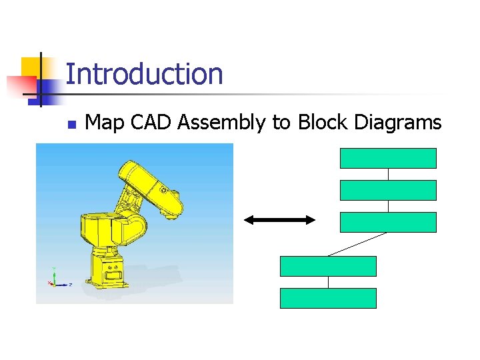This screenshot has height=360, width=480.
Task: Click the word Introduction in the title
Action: (x=144, y=74)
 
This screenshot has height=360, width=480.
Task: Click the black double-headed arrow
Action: (x=279, y=220)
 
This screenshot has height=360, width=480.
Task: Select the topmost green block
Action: (x=388, y=158)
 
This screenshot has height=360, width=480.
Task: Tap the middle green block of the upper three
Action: (x=388, y=190)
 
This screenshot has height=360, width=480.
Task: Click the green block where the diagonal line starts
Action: (x=388, y=222)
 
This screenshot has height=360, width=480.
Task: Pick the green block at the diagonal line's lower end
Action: (x=328, y=266)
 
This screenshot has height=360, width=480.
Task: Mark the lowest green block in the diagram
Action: (x=328, y=298)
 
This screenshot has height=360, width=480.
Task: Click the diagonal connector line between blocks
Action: (x=357, y=244)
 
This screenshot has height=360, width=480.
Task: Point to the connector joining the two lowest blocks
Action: (x=328, y=282)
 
